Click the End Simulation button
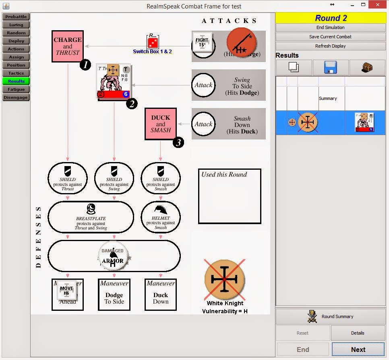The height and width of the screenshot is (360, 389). click(x=330, y=27)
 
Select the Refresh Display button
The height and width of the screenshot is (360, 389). click(x=330, y=46)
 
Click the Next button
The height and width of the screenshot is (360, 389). click(x=358, y=350)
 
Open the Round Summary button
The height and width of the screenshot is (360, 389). click(x=330, y=316)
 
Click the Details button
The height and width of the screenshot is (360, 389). click(x=358, y=333)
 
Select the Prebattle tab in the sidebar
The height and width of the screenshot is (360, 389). click(x=16, y=17)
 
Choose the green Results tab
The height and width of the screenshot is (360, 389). click(x=16, y=81)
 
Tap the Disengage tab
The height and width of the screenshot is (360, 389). click(x=16, y=98)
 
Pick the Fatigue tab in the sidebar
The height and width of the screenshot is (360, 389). click(x=16, y=89)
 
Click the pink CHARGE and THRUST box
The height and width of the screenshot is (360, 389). click(x=68, y=46)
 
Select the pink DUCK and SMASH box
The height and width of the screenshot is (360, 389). click(x=161, y=124)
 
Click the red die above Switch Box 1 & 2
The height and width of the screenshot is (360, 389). click(x=153, y=43)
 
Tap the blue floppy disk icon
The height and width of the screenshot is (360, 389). click(x=330, y=67)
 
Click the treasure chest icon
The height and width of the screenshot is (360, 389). click(x=367, y=67)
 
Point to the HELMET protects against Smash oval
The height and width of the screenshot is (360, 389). click(x=161, y=218)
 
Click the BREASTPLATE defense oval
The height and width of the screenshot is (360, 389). click(x=91, y=218)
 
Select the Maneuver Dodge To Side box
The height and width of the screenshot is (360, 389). click(x=114, y=294)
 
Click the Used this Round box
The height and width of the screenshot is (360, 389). click(x=230, y=196)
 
